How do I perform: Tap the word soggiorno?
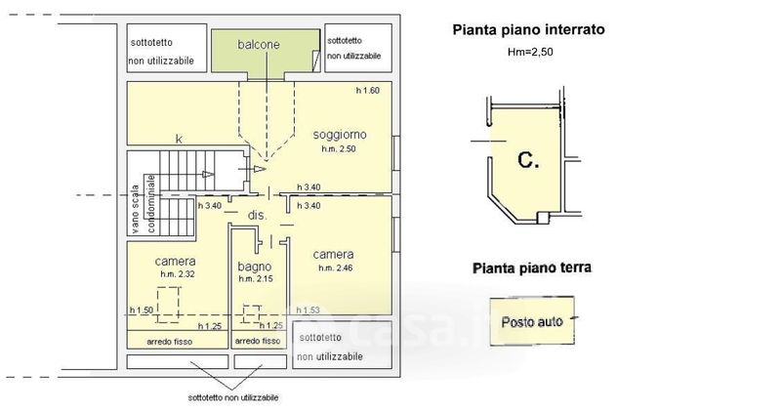(x=339, y=134)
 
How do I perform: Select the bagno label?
(x=254, y=266)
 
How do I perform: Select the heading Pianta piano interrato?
(x=528, y=30)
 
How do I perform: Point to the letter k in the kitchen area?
(x=178, y=140)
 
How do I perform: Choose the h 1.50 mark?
(x=142, y=310)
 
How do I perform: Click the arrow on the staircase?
(x=208, y=174)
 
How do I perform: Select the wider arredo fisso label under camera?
(x=170, y=342)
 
